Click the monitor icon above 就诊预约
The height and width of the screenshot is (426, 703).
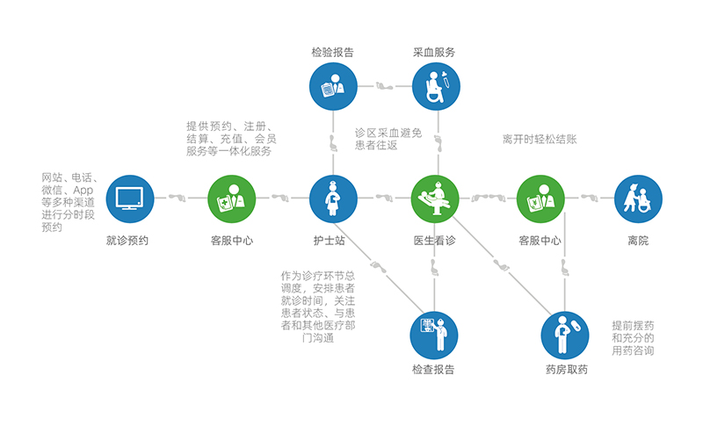point(130,199)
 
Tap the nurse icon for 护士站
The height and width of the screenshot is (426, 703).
point(334,199)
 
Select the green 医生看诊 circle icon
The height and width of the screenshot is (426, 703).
point(437,199)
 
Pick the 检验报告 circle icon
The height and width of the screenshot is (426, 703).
point(334,87)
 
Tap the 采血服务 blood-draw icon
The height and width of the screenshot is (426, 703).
point(437,87)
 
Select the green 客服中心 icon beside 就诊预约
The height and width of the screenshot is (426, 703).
point(232,199)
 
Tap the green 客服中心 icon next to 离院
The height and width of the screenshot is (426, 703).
point(540,199)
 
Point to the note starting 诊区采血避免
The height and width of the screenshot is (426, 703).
point(388,139)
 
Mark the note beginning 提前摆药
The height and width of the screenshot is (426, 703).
point(633,338)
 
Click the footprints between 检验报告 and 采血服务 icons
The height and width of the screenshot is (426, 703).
point(385,87)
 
